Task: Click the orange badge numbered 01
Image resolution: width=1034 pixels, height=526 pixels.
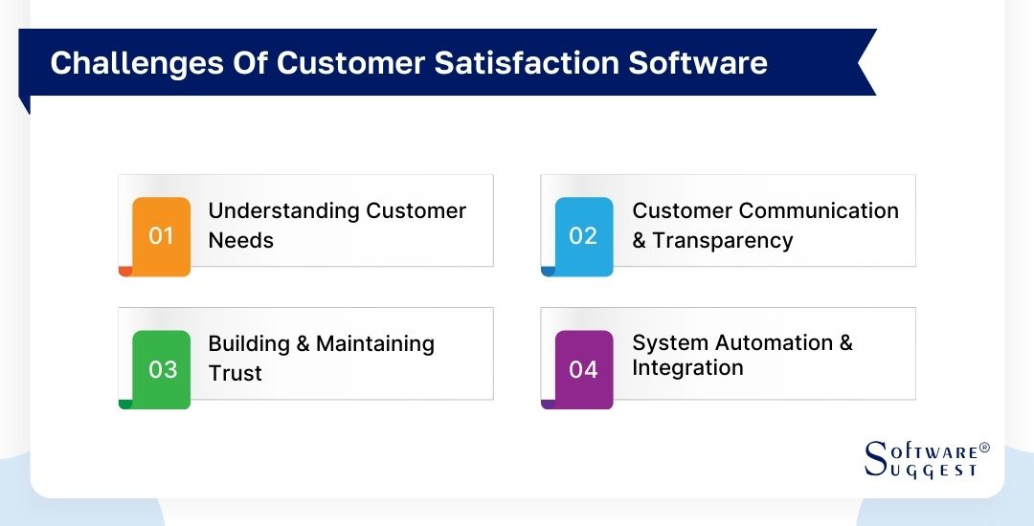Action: (x=161, y=236)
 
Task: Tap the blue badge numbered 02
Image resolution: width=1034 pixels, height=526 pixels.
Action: (x=583, y=236)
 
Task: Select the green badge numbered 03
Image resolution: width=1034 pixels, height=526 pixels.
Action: (x=161, y=369)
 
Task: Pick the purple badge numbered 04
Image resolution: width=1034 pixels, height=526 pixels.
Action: (x=583, y=369)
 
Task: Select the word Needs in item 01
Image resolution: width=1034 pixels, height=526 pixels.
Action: (x=240, y=241)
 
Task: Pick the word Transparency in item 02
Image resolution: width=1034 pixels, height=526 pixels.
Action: (x=723, y=241)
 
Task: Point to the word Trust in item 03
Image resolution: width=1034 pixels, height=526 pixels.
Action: (x=235, y=373)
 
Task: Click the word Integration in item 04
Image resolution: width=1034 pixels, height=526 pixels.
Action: (x=687, y=368)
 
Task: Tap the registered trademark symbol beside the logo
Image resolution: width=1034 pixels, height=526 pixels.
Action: (x=984, y=448)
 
